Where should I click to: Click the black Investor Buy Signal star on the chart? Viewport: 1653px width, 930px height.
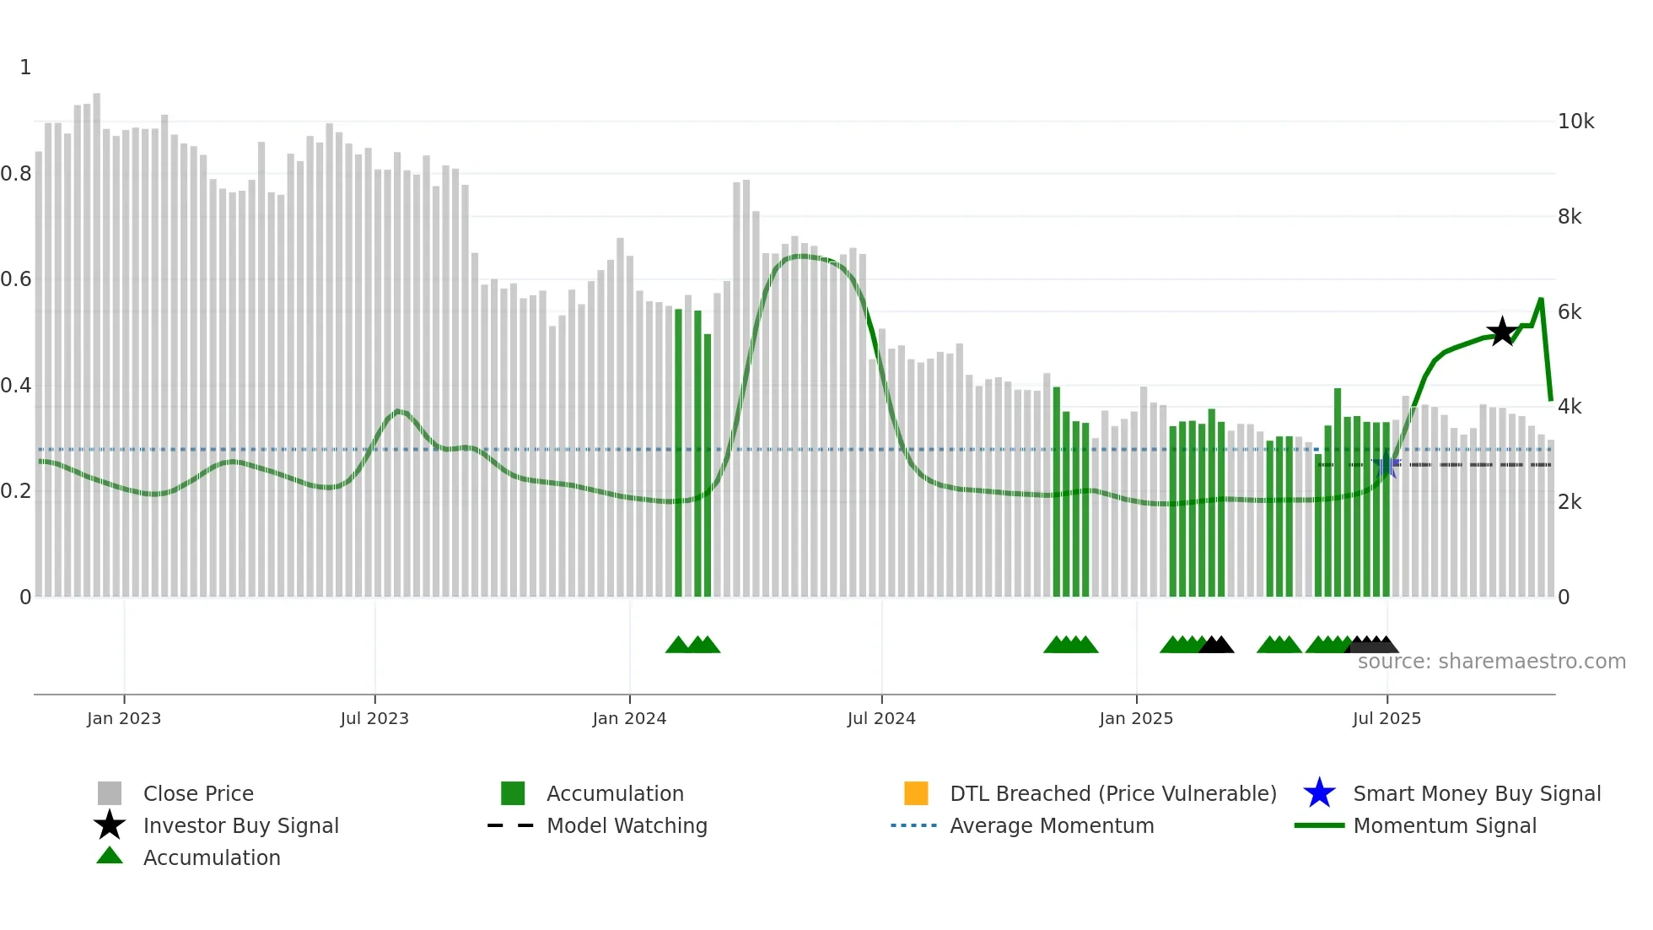click(1502, 332)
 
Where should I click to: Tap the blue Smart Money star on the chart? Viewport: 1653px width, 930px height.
click(1386, 465)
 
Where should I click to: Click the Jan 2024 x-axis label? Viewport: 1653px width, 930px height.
click(629, 718)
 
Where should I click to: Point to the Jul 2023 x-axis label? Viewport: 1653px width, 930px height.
click(374, 718)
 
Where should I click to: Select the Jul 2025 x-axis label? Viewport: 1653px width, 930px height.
click(1386, 718)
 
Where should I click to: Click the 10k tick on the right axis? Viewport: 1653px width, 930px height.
click(1575, 122)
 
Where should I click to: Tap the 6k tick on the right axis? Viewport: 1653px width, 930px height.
click(1570, 312)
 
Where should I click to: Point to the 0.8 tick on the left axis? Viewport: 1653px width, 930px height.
click(17, 174)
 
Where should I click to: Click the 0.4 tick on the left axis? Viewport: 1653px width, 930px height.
click(17, 386)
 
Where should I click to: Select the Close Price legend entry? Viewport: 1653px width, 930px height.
click(198, 793)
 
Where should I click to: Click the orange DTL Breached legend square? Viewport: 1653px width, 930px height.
click(916, 793)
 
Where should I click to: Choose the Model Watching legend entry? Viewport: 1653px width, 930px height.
click(627, 825)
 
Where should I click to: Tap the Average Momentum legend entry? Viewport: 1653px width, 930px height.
click(1052, 825)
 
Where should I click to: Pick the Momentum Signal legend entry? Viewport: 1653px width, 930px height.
click(1445, 825)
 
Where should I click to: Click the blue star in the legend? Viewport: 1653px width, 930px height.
click(1319, 793)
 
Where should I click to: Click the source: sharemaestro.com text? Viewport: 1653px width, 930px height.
click(1491, 662)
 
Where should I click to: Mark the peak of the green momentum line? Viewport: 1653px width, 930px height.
click(1541, 300)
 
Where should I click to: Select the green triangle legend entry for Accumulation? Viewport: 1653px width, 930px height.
click(110, 857)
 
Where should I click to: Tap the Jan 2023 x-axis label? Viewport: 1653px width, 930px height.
click(124, 718)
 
